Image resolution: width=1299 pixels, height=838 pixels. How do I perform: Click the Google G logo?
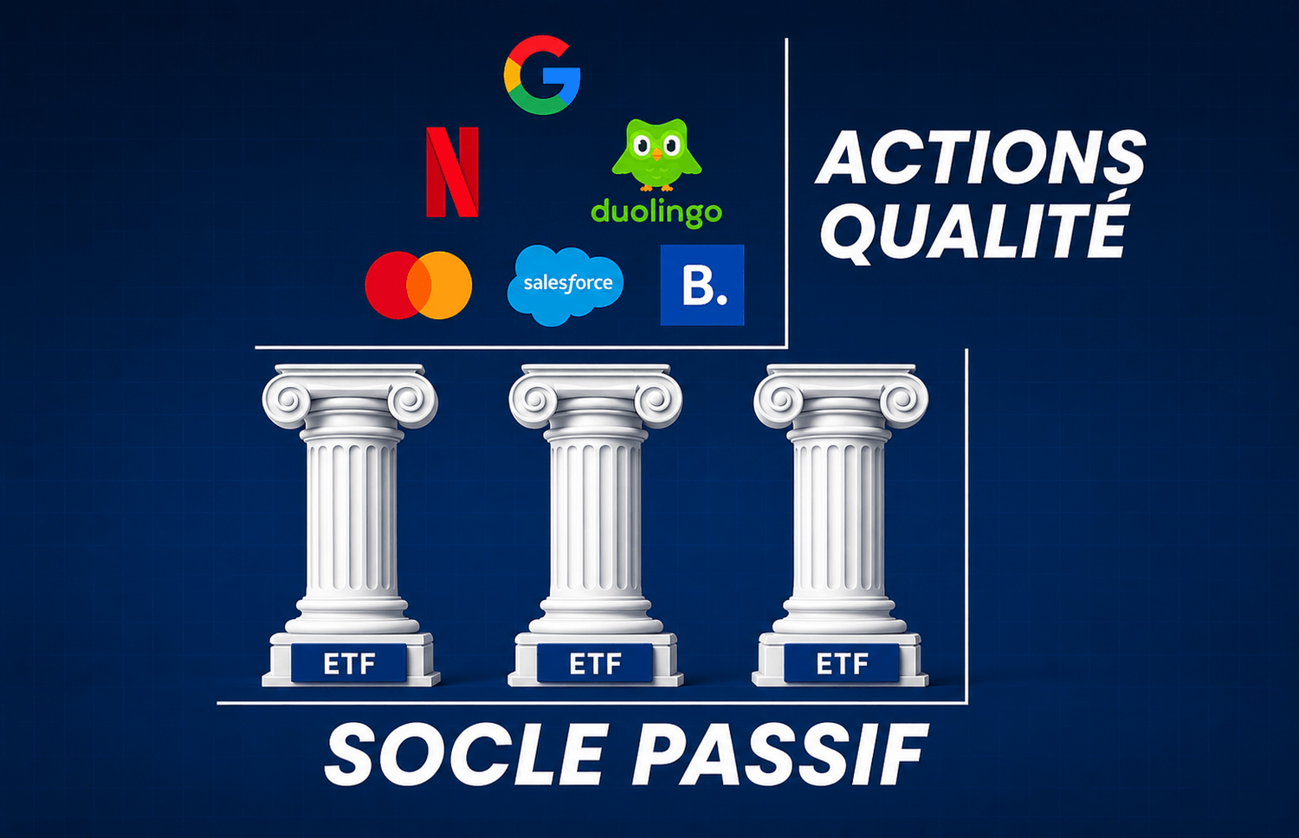541,75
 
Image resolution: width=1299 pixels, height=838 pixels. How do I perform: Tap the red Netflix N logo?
452,171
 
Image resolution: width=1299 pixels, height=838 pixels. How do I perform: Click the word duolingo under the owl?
656,213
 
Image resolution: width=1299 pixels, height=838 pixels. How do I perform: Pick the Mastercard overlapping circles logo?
418,285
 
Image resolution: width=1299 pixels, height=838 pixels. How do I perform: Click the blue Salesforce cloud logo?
565,285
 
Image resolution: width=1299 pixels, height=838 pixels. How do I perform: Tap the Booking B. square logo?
702,285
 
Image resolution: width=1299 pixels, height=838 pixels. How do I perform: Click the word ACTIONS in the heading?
980,157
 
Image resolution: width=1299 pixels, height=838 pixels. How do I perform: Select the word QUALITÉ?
975,230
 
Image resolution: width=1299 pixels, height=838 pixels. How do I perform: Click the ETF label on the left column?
349,664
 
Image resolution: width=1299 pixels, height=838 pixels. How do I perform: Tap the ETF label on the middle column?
595,664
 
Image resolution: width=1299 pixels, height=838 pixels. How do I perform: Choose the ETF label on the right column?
842,664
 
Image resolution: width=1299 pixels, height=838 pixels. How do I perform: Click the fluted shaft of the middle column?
595,519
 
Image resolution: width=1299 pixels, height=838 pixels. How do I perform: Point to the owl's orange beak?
656,154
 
